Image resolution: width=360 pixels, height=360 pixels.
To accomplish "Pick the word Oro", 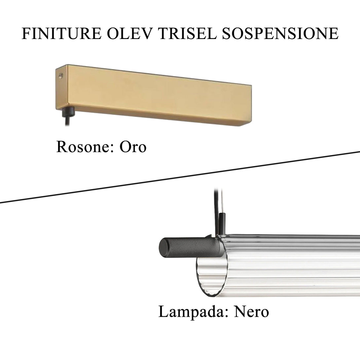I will pyautogui.click(x=132, y=147).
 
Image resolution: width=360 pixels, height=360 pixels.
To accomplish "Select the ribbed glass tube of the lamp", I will pyautogui.click(x=291, y=264).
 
